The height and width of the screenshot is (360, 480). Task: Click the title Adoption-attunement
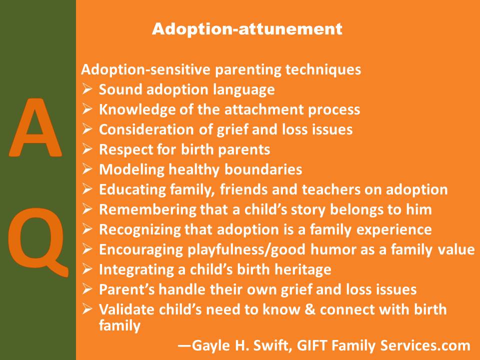(247, 29)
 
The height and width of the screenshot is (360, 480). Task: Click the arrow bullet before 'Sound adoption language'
(86, 89)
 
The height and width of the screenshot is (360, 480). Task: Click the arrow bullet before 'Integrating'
(86, 269)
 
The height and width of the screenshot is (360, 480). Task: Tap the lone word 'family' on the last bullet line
(119, 326)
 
